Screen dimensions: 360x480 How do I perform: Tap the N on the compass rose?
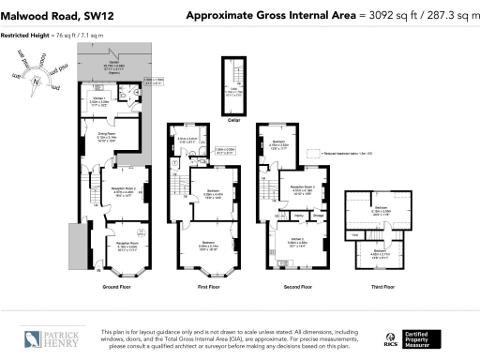pos(35,82)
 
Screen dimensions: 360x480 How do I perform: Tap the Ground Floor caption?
pos(115,287)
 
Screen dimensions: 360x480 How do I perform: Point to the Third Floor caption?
pos(382,287)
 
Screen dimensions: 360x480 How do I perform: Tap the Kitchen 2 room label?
pos(298,238)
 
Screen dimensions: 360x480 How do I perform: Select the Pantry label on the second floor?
pos(298,216)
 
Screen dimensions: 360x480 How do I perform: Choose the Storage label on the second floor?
pos(319,216)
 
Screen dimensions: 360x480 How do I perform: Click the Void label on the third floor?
pos(353,234)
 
